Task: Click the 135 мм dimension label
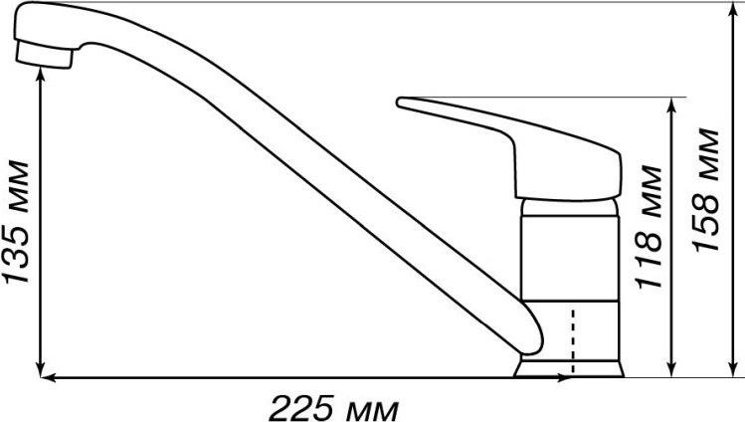[x=16, y=223]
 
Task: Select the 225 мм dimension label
[x=334, y=408]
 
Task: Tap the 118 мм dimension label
[x=649, y=227]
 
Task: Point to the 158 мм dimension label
[x=705, y=190]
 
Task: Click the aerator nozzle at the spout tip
[x=44, y=55]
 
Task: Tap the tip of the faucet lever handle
[x=399, y=102]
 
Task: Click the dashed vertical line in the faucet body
[x=574, y=341]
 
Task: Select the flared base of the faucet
[x=568, y=368]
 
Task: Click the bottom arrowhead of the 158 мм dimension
[x=732, y=368]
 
